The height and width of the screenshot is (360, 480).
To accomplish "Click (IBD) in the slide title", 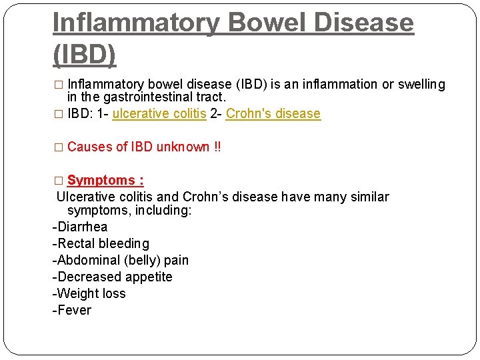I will click(84, 54).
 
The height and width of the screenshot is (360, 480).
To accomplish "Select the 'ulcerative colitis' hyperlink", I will click(159, 114).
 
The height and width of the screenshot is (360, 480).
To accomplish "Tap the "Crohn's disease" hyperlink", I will click(273, 114).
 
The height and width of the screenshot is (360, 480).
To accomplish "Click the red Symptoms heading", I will click(105, 181).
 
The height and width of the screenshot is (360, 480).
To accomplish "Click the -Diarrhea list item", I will click(80, 227).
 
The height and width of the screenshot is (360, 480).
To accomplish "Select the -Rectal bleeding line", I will click(101, 244).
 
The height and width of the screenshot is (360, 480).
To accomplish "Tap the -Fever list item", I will click(72, 311).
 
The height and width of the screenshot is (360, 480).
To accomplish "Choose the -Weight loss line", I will click(89, 294).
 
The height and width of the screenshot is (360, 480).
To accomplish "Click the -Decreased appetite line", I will click(113, 277).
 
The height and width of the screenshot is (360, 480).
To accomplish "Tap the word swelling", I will click(422, 85).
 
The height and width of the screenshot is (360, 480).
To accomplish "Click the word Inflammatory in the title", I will click(136, 23).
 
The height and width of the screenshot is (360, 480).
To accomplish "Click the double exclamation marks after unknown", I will click(217, 147).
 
